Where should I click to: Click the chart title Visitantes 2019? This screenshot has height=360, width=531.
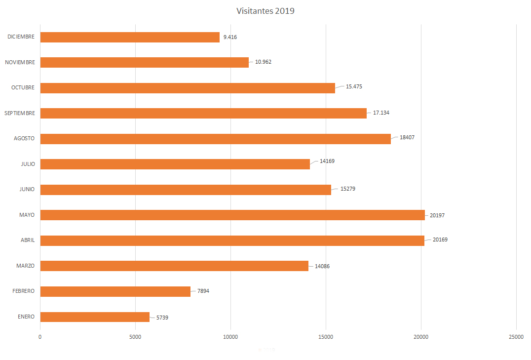coord(265,11)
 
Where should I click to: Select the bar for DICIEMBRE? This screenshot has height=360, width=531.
coord(130,37)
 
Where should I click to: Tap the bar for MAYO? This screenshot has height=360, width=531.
coord(232,215)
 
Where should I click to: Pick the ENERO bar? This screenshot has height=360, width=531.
coord(95,317)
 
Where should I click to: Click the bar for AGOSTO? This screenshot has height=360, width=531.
coord(215,139)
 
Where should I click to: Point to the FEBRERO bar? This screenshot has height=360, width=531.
coord(115,291)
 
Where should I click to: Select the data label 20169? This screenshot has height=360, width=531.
coord(440,240)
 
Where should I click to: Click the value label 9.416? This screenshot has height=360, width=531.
coord(230,37)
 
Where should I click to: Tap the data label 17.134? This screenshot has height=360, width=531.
coord(381,113)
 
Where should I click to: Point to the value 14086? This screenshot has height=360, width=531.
coord(322,266)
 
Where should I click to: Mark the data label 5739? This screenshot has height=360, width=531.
coord(162,317)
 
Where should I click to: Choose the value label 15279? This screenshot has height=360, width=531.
coord(348,189)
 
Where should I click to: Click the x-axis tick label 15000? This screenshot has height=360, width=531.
coord(326,337)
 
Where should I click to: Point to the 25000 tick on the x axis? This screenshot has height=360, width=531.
coord(516,337)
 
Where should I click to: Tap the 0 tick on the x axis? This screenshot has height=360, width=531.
coord(40,337)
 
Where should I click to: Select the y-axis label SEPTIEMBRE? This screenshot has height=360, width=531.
coord(20,113)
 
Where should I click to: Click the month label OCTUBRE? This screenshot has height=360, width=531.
coord(23,87)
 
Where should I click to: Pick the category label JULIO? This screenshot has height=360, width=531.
coord(28,164)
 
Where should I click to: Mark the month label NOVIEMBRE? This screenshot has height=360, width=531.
coord(20,62)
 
